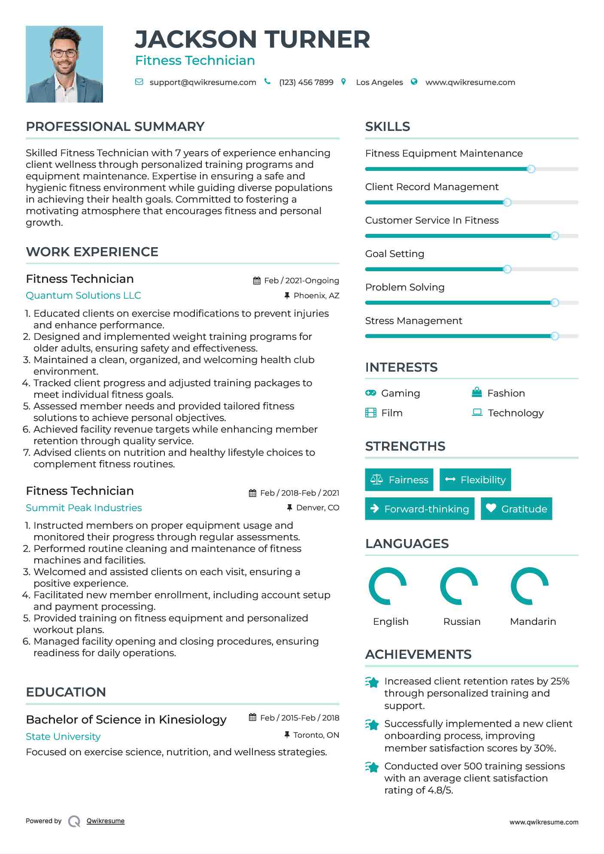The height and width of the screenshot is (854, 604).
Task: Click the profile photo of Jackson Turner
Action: pyautogui.click(x=64, y=64)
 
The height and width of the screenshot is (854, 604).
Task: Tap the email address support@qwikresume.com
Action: pyautogui.click(x=203, y=82)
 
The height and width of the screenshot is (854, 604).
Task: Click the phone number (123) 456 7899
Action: pyautogui.click(x=306, y=82)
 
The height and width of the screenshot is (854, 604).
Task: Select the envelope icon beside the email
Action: pyautogui.click(x=139, y=82)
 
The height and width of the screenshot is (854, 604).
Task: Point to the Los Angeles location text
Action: pyautogui.click(x=379, y=82)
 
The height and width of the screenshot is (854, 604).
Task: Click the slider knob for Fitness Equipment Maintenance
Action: pyautogui.click(x=531, y=169)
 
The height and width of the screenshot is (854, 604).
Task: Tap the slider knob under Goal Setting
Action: pyautogui.click(x=507, y=270)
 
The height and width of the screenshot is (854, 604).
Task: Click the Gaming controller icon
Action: pyautogui.click(x=370, y=393)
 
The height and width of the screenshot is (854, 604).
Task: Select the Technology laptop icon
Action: pyautogui.click(x=477, y=412)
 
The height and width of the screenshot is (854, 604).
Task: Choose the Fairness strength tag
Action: pyautogui.click(x=399, y=480)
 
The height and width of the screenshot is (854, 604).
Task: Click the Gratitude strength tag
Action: pyautogui.click(x=516, y=509)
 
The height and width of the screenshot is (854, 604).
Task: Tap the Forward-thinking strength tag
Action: pyautogui.click(x=419, y=509)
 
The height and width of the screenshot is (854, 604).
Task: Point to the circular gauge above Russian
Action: pyautogui.click(x=459, y=586)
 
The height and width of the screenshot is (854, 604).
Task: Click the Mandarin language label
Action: pyautogui.click(x=533, y=621)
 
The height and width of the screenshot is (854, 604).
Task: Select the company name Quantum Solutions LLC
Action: pyautogui.click(x=83, y=296)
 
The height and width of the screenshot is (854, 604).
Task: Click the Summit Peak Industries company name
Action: pyautogui.click(x=84, y=508)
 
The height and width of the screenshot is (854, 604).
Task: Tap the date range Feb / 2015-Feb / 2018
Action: pyautogui.click(x=300, y=718)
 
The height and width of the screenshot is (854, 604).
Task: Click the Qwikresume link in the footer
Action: pyautogui.click(x=106, y=821)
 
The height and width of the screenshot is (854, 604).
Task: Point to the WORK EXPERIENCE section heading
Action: pyautogui.click(x=92, y=252)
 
